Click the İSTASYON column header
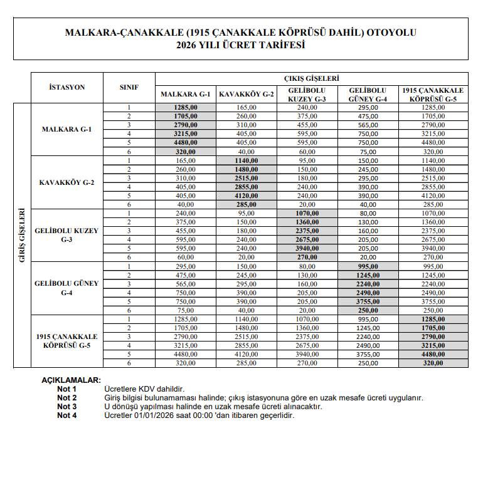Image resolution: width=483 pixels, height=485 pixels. pos(66,87)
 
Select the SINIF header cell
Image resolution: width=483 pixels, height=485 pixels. pos(129,87)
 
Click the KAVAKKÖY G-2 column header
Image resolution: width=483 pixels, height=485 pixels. pos(247,95)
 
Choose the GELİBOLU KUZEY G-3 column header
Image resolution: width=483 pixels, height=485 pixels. pos(307,95)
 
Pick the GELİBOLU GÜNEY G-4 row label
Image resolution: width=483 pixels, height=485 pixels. pos(66,288)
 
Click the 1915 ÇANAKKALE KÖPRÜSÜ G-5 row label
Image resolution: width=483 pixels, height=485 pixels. pos(66,340)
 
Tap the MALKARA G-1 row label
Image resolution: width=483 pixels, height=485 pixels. pos(66,130)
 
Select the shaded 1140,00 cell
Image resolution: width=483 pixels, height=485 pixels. pos(247,160)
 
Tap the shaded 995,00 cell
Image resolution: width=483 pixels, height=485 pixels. pos(368,266)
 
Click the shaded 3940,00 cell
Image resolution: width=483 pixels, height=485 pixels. pos(307,248)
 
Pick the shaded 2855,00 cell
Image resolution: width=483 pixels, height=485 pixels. pos(247,187)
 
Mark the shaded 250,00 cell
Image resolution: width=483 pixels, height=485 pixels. pos(368,310)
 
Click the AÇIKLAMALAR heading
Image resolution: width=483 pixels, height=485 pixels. pos(70,380)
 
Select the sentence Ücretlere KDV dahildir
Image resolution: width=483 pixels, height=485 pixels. pos(144,389)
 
